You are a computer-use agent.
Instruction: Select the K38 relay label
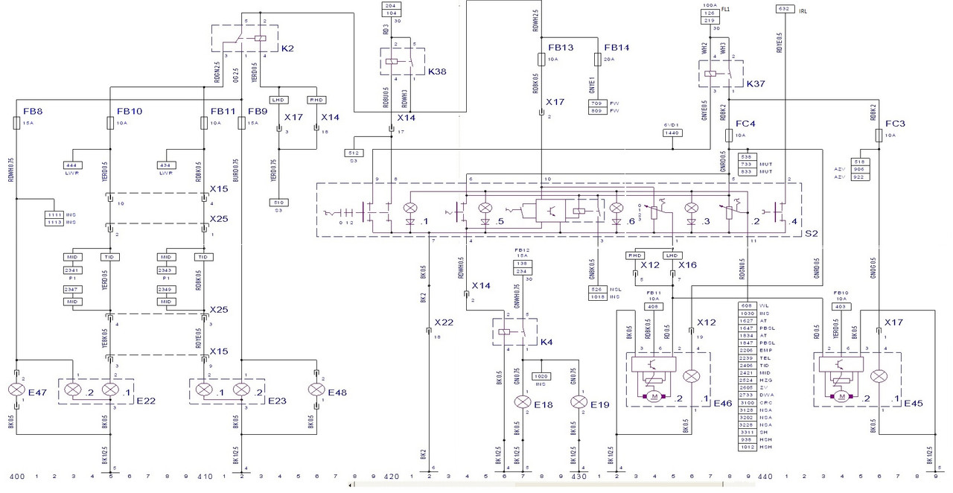(x=436, y=72)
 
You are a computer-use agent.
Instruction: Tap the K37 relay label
(x=756, y=83)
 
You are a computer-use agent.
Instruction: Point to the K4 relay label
(x=546, y=342)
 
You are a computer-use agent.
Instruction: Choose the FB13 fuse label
(x=560, y=48)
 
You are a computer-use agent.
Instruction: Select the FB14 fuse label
(x=616, y=48)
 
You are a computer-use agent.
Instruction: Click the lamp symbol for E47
(x=16, y=389)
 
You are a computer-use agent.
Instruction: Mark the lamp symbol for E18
(x=522, y=402)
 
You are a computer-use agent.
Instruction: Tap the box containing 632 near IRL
(x=783, y=9)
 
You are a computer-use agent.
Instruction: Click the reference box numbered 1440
(x=672, y=132)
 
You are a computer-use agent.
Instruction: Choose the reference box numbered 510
(x=279, y=201)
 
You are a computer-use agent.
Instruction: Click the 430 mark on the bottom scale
(x=579, y=475)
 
